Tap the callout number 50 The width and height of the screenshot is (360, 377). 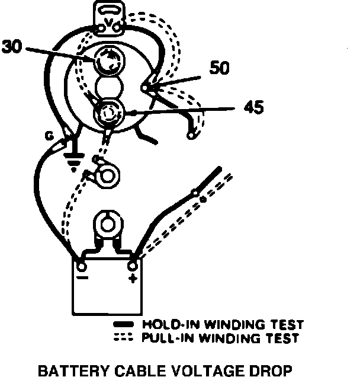pos(220,69)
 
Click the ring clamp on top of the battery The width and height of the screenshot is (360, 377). pos(107,225)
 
